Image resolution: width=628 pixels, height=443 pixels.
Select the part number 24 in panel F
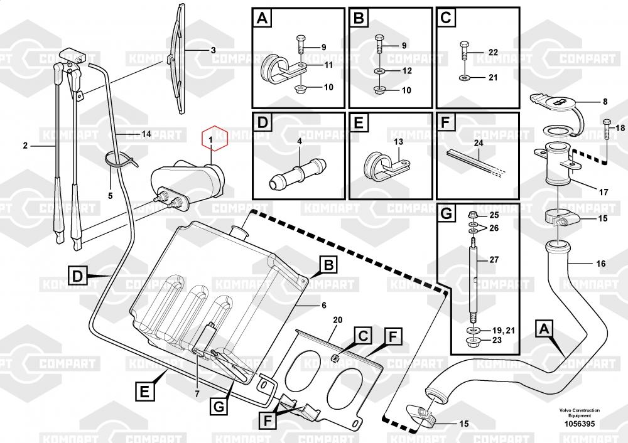[479, 142]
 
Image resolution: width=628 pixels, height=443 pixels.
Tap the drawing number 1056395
[579, 424]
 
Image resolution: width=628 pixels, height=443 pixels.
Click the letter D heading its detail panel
[263, 122]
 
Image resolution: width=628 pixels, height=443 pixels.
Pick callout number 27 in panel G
[494, 260]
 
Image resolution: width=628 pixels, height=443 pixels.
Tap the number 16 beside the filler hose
[601, 264]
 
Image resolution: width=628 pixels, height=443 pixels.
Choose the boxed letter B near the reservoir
[328, 266]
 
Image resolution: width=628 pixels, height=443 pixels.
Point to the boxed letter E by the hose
[144, 393]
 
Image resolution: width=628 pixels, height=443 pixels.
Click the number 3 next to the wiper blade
[212, 50]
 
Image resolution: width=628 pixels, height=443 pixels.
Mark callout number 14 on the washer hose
[146, 134]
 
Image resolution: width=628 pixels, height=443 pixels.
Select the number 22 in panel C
[492, 53]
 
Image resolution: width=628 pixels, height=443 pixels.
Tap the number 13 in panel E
[398, 142]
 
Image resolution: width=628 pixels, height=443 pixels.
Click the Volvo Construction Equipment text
[579, 413]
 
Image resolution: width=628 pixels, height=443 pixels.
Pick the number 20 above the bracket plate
[337, 320]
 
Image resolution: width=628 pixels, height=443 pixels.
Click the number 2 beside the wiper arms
[26, 146]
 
